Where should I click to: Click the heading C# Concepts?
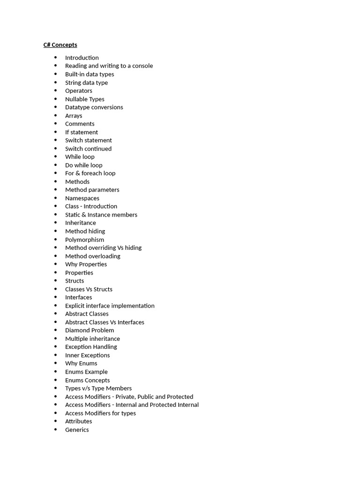tap(60, 45)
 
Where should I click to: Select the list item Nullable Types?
tap(84, 99)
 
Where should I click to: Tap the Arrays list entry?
tap(74, 116)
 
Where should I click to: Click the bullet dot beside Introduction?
tap(55, 58)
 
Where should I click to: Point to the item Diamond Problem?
tap(89, 330)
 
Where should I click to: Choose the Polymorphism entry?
tap(84, 240)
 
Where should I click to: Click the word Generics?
tap(77, 430)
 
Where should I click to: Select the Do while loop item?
tap(83, 165)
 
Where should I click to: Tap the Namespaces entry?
tap(82, 198)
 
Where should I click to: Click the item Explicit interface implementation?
tap(110, 306)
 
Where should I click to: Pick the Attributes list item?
tap(78, 421)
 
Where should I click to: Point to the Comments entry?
tap(80, 124)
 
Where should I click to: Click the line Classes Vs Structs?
tap(89, 289)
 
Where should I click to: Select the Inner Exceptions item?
tap(87, 355)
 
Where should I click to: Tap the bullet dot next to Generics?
tap(55, 430)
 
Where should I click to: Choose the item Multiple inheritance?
tap(92, 339)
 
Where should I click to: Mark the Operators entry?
tap(78, 91)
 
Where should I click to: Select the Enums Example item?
tap(86, 372)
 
